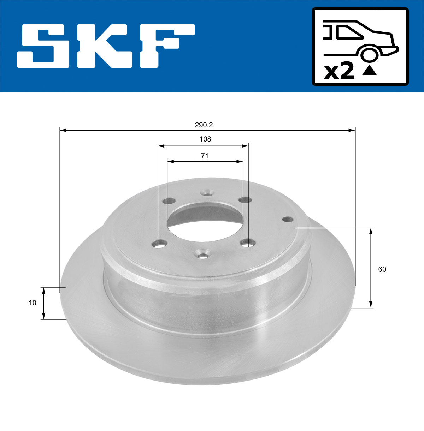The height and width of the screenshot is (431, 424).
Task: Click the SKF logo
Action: pos(106,46)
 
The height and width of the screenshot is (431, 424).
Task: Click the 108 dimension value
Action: pos(205,139)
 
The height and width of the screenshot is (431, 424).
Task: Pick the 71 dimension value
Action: pos(205,156)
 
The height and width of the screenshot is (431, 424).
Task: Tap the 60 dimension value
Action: pos(382,269)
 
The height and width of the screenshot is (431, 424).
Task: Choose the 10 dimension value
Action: pos(33,303)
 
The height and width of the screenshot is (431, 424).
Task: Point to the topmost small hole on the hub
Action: pos(207,193)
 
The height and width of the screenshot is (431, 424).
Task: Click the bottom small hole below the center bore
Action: pos(203,255)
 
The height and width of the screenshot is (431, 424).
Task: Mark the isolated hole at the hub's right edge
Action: pos(288,219)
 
